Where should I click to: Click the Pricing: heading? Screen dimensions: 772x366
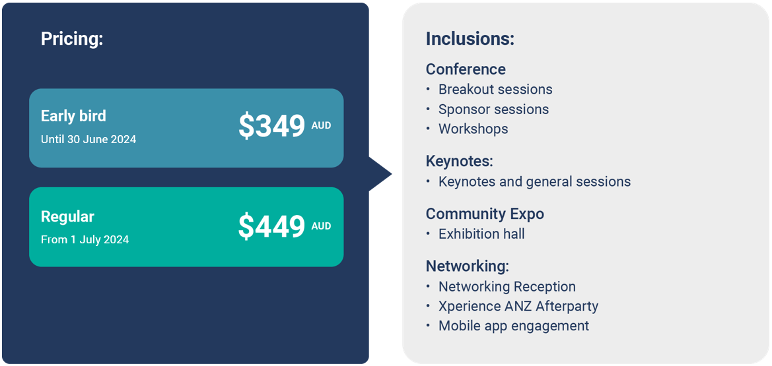tap(72, 39)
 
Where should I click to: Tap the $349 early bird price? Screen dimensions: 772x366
tap(272, 126)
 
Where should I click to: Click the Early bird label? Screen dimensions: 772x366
tap(73, 116)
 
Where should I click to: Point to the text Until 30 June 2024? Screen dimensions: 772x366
tap(88, 139)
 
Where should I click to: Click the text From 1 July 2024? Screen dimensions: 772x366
tap(85, 239)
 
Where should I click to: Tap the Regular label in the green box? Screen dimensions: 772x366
tap(67, 217)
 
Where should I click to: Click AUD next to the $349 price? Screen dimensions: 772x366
tap(321, 126)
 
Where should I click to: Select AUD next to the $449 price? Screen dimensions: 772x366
tap(321, 226)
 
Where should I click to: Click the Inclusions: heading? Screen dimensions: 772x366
tap(470, 39)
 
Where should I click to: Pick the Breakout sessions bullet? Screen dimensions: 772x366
tap(495, 90)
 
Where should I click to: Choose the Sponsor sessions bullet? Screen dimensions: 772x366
tap(494, 109)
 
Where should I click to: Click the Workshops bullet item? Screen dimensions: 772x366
tap(473, 129)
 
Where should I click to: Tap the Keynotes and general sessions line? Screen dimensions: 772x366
tap(535, 181)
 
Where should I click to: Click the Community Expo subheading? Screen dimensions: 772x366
tap(485, 214)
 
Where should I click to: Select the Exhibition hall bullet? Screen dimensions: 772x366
tap(481, 233)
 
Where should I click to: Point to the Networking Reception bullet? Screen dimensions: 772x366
tap(507, 286)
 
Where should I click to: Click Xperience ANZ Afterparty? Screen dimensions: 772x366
tap(518, 306)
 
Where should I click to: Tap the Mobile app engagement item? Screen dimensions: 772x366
tap(514, 326)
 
